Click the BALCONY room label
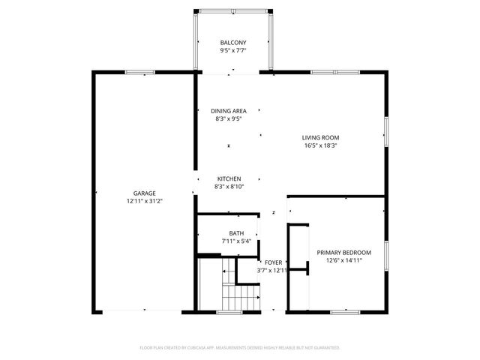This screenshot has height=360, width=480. click(233, 42)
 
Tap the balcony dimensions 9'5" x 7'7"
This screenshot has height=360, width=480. click(233, 51)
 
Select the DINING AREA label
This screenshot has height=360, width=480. click(229, 111)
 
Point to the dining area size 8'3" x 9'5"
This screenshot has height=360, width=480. click(229, 119)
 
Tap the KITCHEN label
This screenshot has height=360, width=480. click(228, 178)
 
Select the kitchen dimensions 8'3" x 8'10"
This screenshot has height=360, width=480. click(228, 186)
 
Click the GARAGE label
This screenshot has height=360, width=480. click(145, 193)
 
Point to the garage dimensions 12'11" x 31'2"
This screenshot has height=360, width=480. click(145, 201)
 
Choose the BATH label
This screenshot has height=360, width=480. click(236, 233)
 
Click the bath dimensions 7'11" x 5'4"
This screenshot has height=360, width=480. click(236, 241)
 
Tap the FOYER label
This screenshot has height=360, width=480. click(273, 262)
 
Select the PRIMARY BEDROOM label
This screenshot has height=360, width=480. click(343, 253)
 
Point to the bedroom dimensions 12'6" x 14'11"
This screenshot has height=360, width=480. click(343, 260)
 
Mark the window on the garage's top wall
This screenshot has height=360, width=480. click(140, 72)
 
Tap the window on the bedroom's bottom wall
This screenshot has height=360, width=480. click(346, 310)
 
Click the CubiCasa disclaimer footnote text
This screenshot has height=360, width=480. click(240, 348)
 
